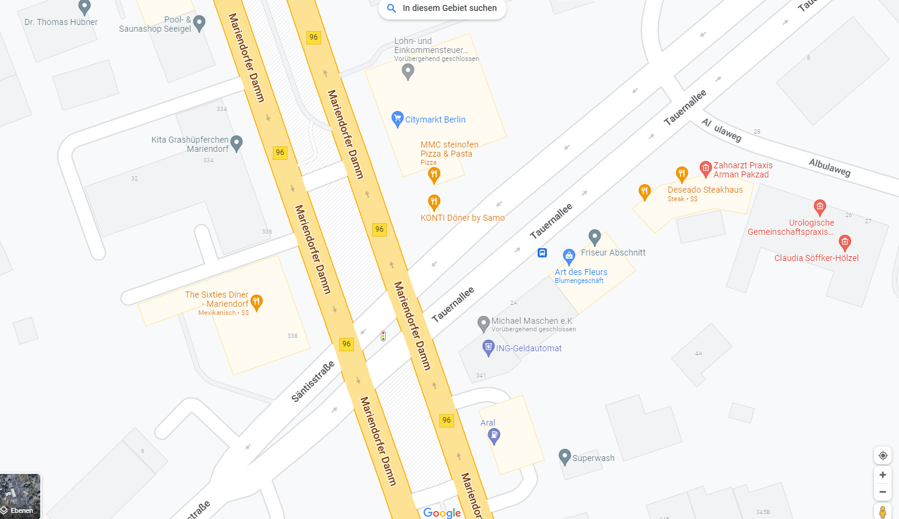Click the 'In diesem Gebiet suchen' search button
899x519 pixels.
pyautogui.click(x=442, y=9)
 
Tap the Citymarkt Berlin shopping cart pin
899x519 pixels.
pyautogui.click(x=397, y=118)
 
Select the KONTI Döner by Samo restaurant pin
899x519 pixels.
pyautogui.click(x=434, y=202)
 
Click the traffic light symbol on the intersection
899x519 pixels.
pyautogui.click(x=383, y=335)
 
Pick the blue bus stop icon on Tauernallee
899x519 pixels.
pyautogui.click(x=542, y=252)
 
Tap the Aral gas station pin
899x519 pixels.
pyautogui.click(x=494, y=435)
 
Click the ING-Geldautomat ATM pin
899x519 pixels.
pyautogui.click(x=488, y=348)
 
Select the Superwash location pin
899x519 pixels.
pyautogui.click(x=565, y=456)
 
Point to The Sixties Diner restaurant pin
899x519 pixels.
pyautogui.click(x=257, y=302)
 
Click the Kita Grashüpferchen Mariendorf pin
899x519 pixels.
pyautogui.click(x=237, y=143)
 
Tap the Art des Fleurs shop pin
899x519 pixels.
pyautogui.click(x=569, y=256)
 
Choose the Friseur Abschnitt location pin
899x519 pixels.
pyautogui.click(x=595, y=237)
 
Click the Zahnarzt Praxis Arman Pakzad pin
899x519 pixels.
pyautogui.click(x=706, y=168)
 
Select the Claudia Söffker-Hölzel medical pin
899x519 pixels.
pyautogui.click(x=845, y=243)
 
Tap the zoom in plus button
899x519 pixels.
pyautogui.click(x=883, y=474)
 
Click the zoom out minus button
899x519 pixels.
pyautogui.click(x=883, y=492)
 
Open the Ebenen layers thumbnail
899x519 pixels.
pyautogui.click(x=20, y=496)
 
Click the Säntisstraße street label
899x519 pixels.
pyautogui.click(x=313, y=382)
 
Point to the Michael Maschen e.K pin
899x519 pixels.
pyautogui.click(x=483, y=323)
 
